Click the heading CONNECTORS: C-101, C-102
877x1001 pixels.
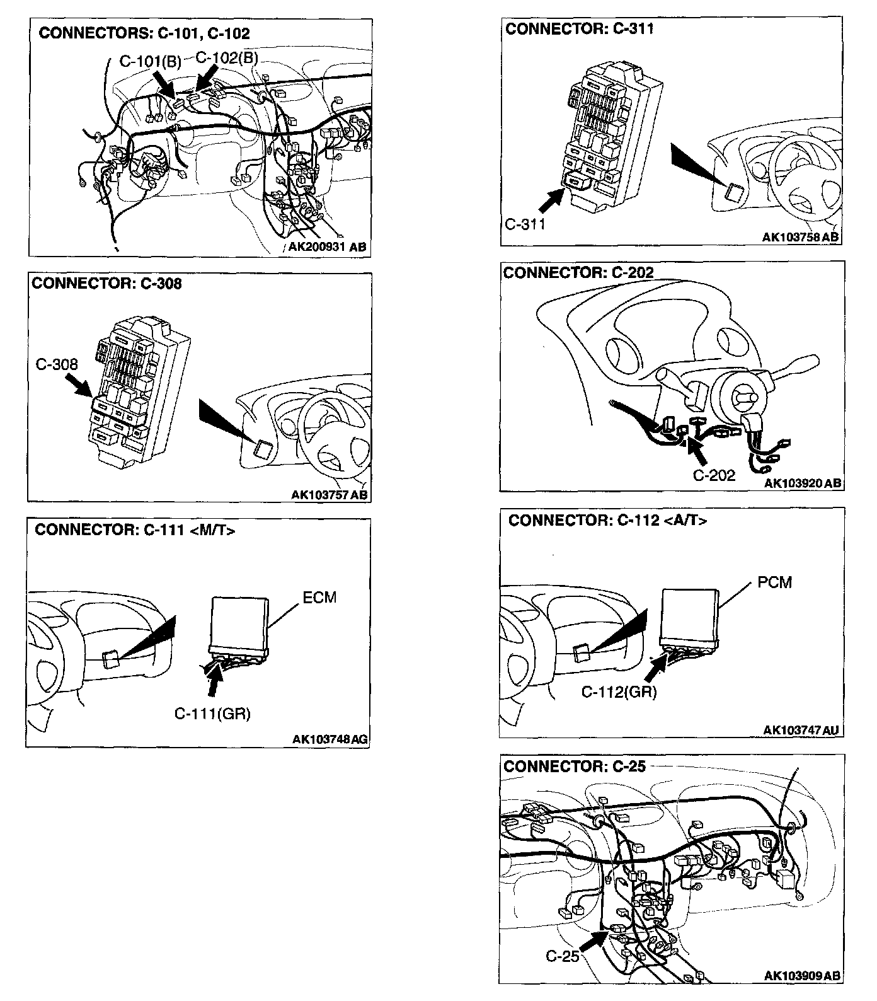coord(144,33)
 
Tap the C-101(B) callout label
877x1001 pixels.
coord(150,62)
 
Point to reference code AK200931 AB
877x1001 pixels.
coord(326,247)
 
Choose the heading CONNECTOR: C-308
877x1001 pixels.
coord(106,284)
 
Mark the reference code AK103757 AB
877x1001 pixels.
coord(330,494)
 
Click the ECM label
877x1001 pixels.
coord(319,597)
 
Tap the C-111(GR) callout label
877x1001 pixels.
coord(212,714)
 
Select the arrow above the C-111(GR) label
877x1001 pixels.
coord(214,682)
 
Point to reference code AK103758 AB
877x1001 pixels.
coord(800,237)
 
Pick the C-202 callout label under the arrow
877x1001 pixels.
coord(714,475)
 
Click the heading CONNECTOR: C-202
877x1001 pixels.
coord(578,272)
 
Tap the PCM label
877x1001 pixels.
coord(774,582)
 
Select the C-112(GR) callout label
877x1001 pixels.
coord(619,692)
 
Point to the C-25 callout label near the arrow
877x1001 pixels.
coord(562,956)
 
